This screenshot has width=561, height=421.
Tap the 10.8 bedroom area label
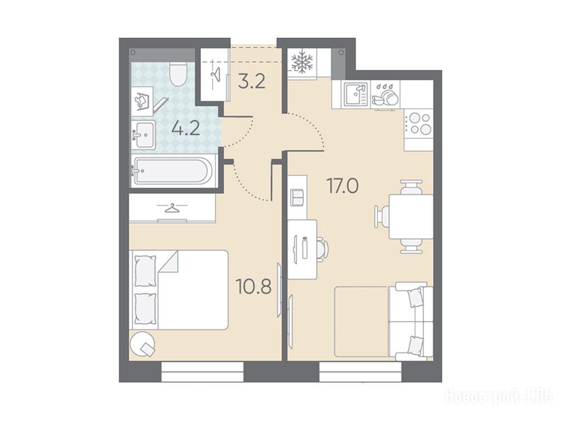pyautogui.click(x=253, y=286)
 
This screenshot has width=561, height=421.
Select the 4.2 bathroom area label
pyautogui.click(x=185, y=128)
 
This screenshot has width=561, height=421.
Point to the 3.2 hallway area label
pyautogui.click(x=252, y=81)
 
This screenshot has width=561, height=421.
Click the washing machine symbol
pyautogui.click(x=142, y=101)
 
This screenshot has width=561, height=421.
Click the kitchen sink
pyautogui.click(x=356, y=94)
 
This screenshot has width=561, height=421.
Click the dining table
pyautogui.click(x=411, y=217)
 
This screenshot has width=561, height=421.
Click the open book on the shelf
pyautogui.click(x=298, y=198)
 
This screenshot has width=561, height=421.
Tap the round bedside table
pyautogui.click(x=143, y=344)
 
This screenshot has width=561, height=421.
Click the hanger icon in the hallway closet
pyautogui.click(x=216, y=74)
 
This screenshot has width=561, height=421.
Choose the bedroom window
pyautogui.click(x=202, y=372)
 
